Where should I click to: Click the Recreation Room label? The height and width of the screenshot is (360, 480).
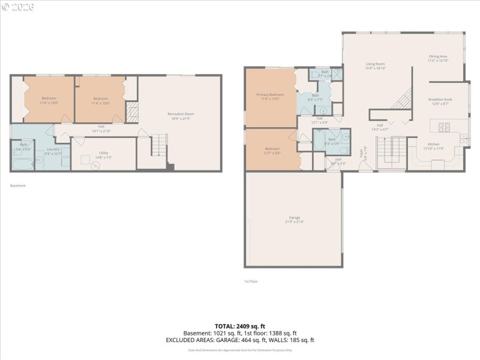pyautogui.click(x=181, y=114)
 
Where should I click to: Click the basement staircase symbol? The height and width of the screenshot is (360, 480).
pyautogui.click(x=158, y=146)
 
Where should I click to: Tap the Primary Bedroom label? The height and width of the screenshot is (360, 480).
pyautogui.click(x=270, y=95)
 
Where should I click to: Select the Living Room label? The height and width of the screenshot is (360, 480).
pyautogui.click(x=376, y=64)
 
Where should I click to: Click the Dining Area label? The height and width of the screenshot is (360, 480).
pyautogui.click(x=438, y=56)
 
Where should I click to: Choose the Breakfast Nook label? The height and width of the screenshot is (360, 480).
pyautogui.click(x=440, y=100)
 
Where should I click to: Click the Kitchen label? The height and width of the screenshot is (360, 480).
pyautogui.click(x=433, y=144)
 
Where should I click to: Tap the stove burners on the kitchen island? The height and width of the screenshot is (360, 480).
pyautogui.click(x=445, y=127)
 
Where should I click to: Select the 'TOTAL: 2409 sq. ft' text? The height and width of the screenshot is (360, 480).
pyautogui.click(x=239, y=326)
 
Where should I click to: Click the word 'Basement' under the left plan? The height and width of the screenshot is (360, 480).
pyautogui.click(x=18, y=186)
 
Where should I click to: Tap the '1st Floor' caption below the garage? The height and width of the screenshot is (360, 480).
pyautogui.click(x=251, y=281)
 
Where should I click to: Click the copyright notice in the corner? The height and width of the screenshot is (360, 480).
pyautogui.click(x=18, y=7)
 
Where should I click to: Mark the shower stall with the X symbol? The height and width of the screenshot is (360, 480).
pyautogui.click(x=338, y=75)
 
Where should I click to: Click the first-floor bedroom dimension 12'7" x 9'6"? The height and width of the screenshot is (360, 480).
pyautogui.click(x=272, y=153)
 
